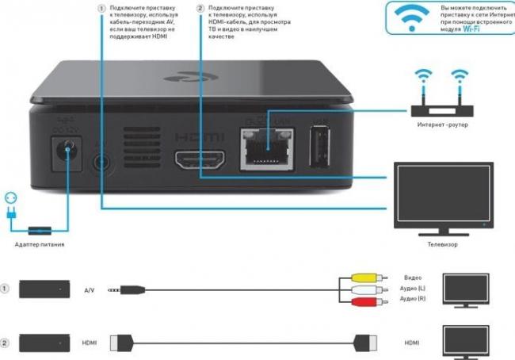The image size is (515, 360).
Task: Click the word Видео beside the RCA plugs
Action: (x=412, y=278)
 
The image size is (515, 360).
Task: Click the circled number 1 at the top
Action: (x=101, y=8)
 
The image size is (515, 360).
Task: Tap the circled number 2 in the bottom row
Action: (x=6, y=343)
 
